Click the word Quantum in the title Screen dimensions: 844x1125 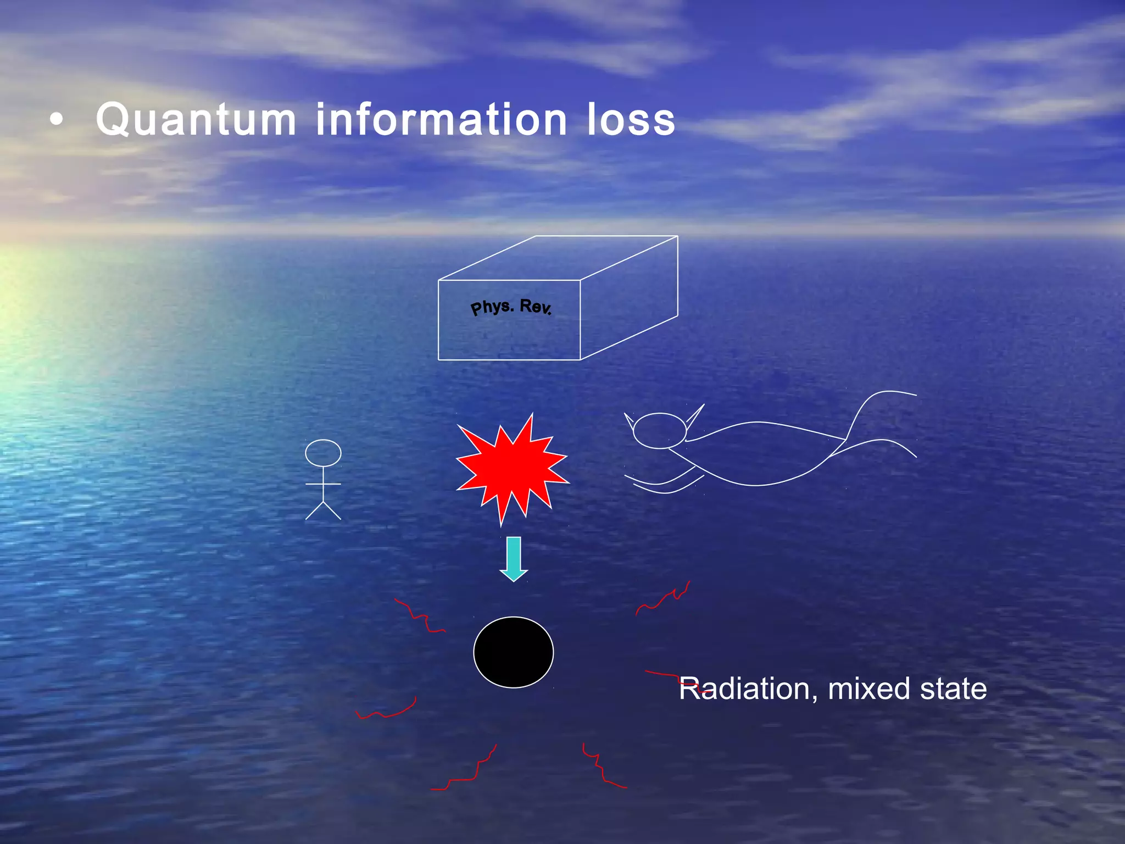(x=196, y=120)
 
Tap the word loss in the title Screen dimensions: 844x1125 (x=631, y=120)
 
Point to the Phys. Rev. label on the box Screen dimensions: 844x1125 (x=511, y=307)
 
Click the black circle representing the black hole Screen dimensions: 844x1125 (x=513, y=652)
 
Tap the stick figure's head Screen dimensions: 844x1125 (x=323, y=453)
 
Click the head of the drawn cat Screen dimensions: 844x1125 (x=659, y=431)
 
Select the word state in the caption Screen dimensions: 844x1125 (x=953, y=689)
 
